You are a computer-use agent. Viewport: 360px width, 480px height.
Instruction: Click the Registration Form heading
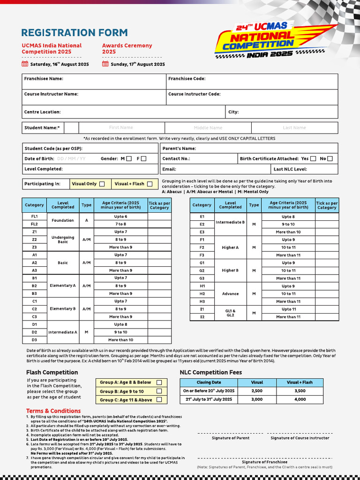coord(75,33)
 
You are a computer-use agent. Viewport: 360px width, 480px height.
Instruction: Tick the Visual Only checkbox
coord(102,184)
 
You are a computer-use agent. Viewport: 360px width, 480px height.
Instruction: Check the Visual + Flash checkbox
coord(150,184)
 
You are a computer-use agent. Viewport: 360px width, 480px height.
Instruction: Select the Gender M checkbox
coord(129,159)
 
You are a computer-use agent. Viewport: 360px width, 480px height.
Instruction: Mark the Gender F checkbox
coord(143,159)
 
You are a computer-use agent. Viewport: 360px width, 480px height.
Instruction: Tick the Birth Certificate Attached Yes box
coord(313,159)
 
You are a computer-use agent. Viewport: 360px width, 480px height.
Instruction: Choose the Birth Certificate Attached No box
coord(330,159)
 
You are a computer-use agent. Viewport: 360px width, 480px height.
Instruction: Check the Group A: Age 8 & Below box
coord(159,382)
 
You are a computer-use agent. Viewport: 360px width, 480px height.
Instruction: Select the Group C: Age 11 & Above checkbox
coord(159,400)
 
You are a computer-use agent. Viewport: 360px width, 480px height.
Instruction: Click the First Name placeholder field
coord(121,127)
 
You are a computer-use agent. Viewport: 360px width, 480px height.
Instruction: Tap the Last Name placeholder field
coord(294,127)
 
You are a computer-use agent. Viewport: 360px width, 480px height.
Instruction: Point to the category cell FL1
coord(34,217)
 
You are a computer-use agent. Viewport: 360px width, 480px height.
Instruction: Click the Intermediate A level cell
coord(63,332)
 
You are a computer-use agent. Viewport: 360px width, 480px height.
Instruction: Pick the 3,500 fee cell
coord(300,391)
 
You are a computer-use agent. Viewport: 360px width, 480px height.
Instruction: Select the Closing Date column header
coord(209,382)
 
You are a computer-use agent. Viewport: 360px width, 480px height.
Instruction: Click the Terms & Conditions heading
coord(53,411)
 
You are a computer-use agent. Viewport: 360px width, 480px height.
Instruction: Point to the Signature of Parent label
coord(231,438)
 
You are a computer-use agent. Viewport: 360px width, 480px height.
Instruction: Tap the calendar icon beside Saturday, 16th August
coord(25,64)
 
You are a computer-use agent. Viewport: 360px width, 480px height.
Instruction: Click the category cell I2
coord(202,317)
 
